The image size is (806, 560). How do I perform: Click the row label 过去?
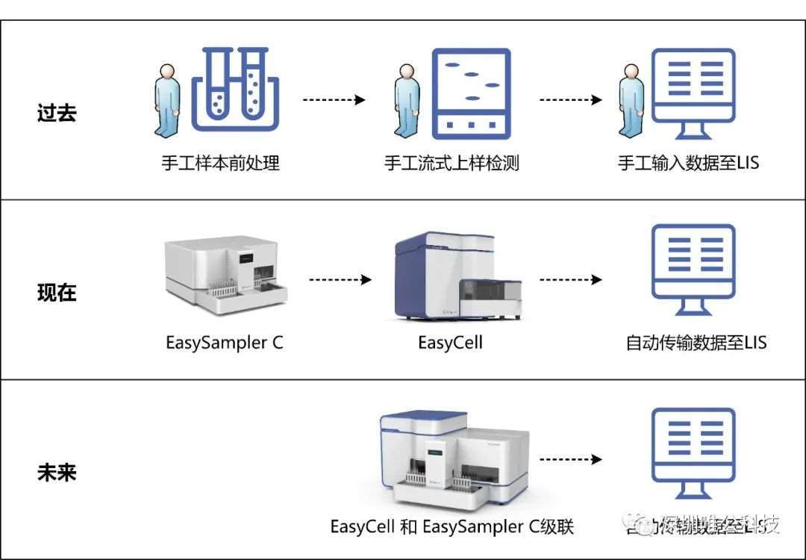(57, 113)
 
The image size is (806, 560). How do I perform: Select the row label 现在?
(57, 292)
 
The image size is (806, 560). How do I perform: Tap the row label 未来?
(57, 473)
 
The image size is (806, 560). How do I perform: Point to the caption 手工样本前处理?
(221, 163)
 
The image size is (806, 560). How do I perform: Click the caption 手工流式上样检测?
(452, 163)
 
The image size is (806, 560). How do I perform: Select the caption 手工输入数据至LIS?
(689, 163)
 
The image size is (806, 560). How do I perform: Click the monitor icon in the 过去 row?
(693, 93)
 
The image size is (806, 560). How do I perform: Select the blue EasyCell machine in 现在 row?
(457, 276)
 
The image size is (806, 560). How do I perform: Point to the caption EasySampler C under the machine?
(225, 343)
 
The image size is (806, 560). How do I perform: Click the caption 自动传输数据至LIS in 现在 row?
(696, 343)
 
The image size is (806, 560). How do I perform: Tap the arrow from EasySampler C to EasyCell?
(340, 280)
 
